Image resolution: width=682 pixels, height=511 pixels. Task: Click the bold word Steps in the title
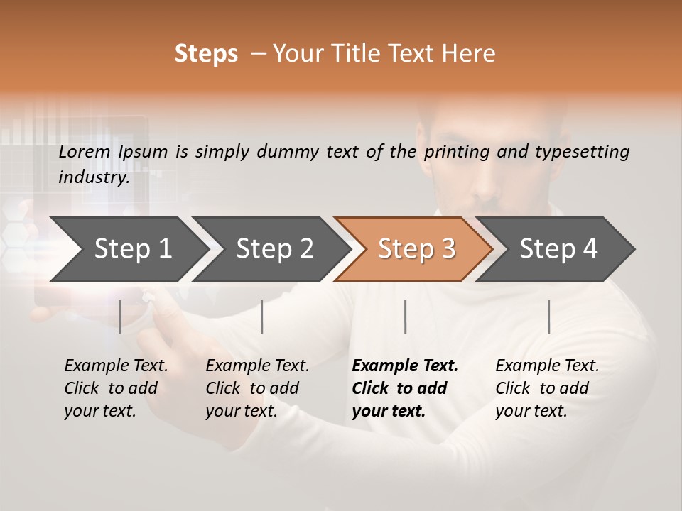206,54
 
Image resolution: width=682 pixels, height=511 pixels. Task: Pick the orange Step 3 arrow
416,248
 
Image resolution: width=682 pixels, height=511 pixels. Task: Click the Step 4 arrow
558,248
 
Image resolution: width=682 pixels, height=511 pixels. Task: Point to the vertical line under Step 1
120,317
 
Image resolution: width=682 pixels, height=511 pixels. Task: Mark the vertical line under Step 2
262,317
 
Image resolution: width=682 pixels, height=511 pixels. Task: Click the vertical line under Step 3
406,317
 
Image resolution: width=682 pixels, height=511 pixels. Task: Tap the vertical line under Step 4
548,317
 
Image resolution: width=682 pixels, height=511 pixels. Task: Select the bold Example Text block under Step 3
405,388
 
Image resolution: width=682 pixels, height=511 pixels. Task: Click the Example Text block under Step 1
116,388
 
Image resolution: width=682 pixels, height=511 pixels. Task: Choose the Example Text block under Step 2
257,388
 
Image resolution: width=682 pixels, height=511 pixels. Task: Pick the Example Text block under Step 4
547,388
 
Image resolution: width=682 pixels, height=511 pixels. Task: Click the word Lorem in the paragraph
84,152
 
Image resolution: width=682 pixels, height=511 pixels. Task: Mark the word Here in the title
471,54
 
